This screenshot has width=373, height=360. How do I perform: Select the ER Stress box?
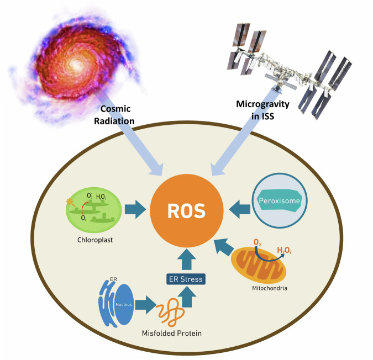(x=185, y=279)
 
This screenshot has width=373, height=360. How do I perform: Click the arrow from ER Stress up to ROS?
(x=185, y=257)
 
